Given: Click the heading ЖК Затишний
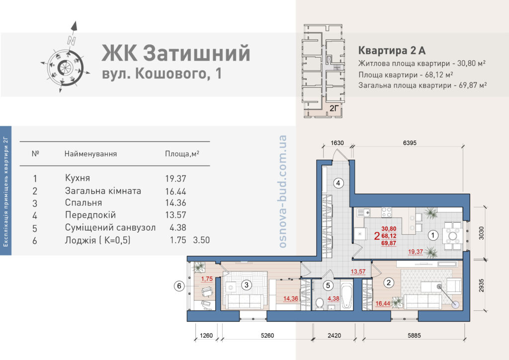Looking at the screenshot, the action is click(x=176, y=53).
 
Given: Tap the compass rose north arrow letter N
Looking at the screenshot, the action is click(x=72, y=41).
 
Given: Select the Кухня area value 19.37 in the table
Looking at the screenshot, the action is click(x=175, y=179).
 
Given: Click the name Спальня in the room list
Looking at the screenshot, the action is click(x=84, y=202).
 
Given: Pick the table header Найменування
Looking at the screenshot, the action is click(x=90, y=154).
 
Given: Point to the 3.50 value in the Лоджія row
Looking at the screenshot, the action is click(x=201, y=240).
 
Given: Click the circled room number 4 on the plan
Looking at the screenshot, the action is click(x=338, y=183).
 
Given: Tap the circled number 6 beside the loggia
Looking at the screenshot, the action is click(x=179, y=286).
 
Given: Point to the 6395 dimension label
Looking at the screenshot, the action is click(x=410, y=143).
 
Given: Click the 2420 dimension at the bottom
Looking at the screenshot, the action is click(x=334, y=335).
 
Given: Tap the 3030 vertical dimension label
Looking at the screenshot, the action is click(x=481, y=233).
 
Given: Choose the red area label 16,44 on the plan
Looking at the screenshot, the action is click(x=383, y=304).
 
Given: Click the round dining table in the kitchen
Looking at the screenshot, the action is click(x=452, y=235).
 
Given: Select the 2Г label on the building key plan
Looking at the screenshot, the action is click(x=335, y=108).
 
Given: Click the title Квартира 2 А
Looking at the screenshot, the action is click(x=392, y=51).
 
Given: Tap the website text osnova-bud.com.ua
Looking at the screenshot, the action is click(x=282, y=191).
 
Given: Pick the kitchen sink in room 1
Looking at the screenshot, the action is click(x=363, y=213).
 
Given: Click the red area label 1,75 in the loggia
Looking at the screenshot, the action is click(x=207, y=279).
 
